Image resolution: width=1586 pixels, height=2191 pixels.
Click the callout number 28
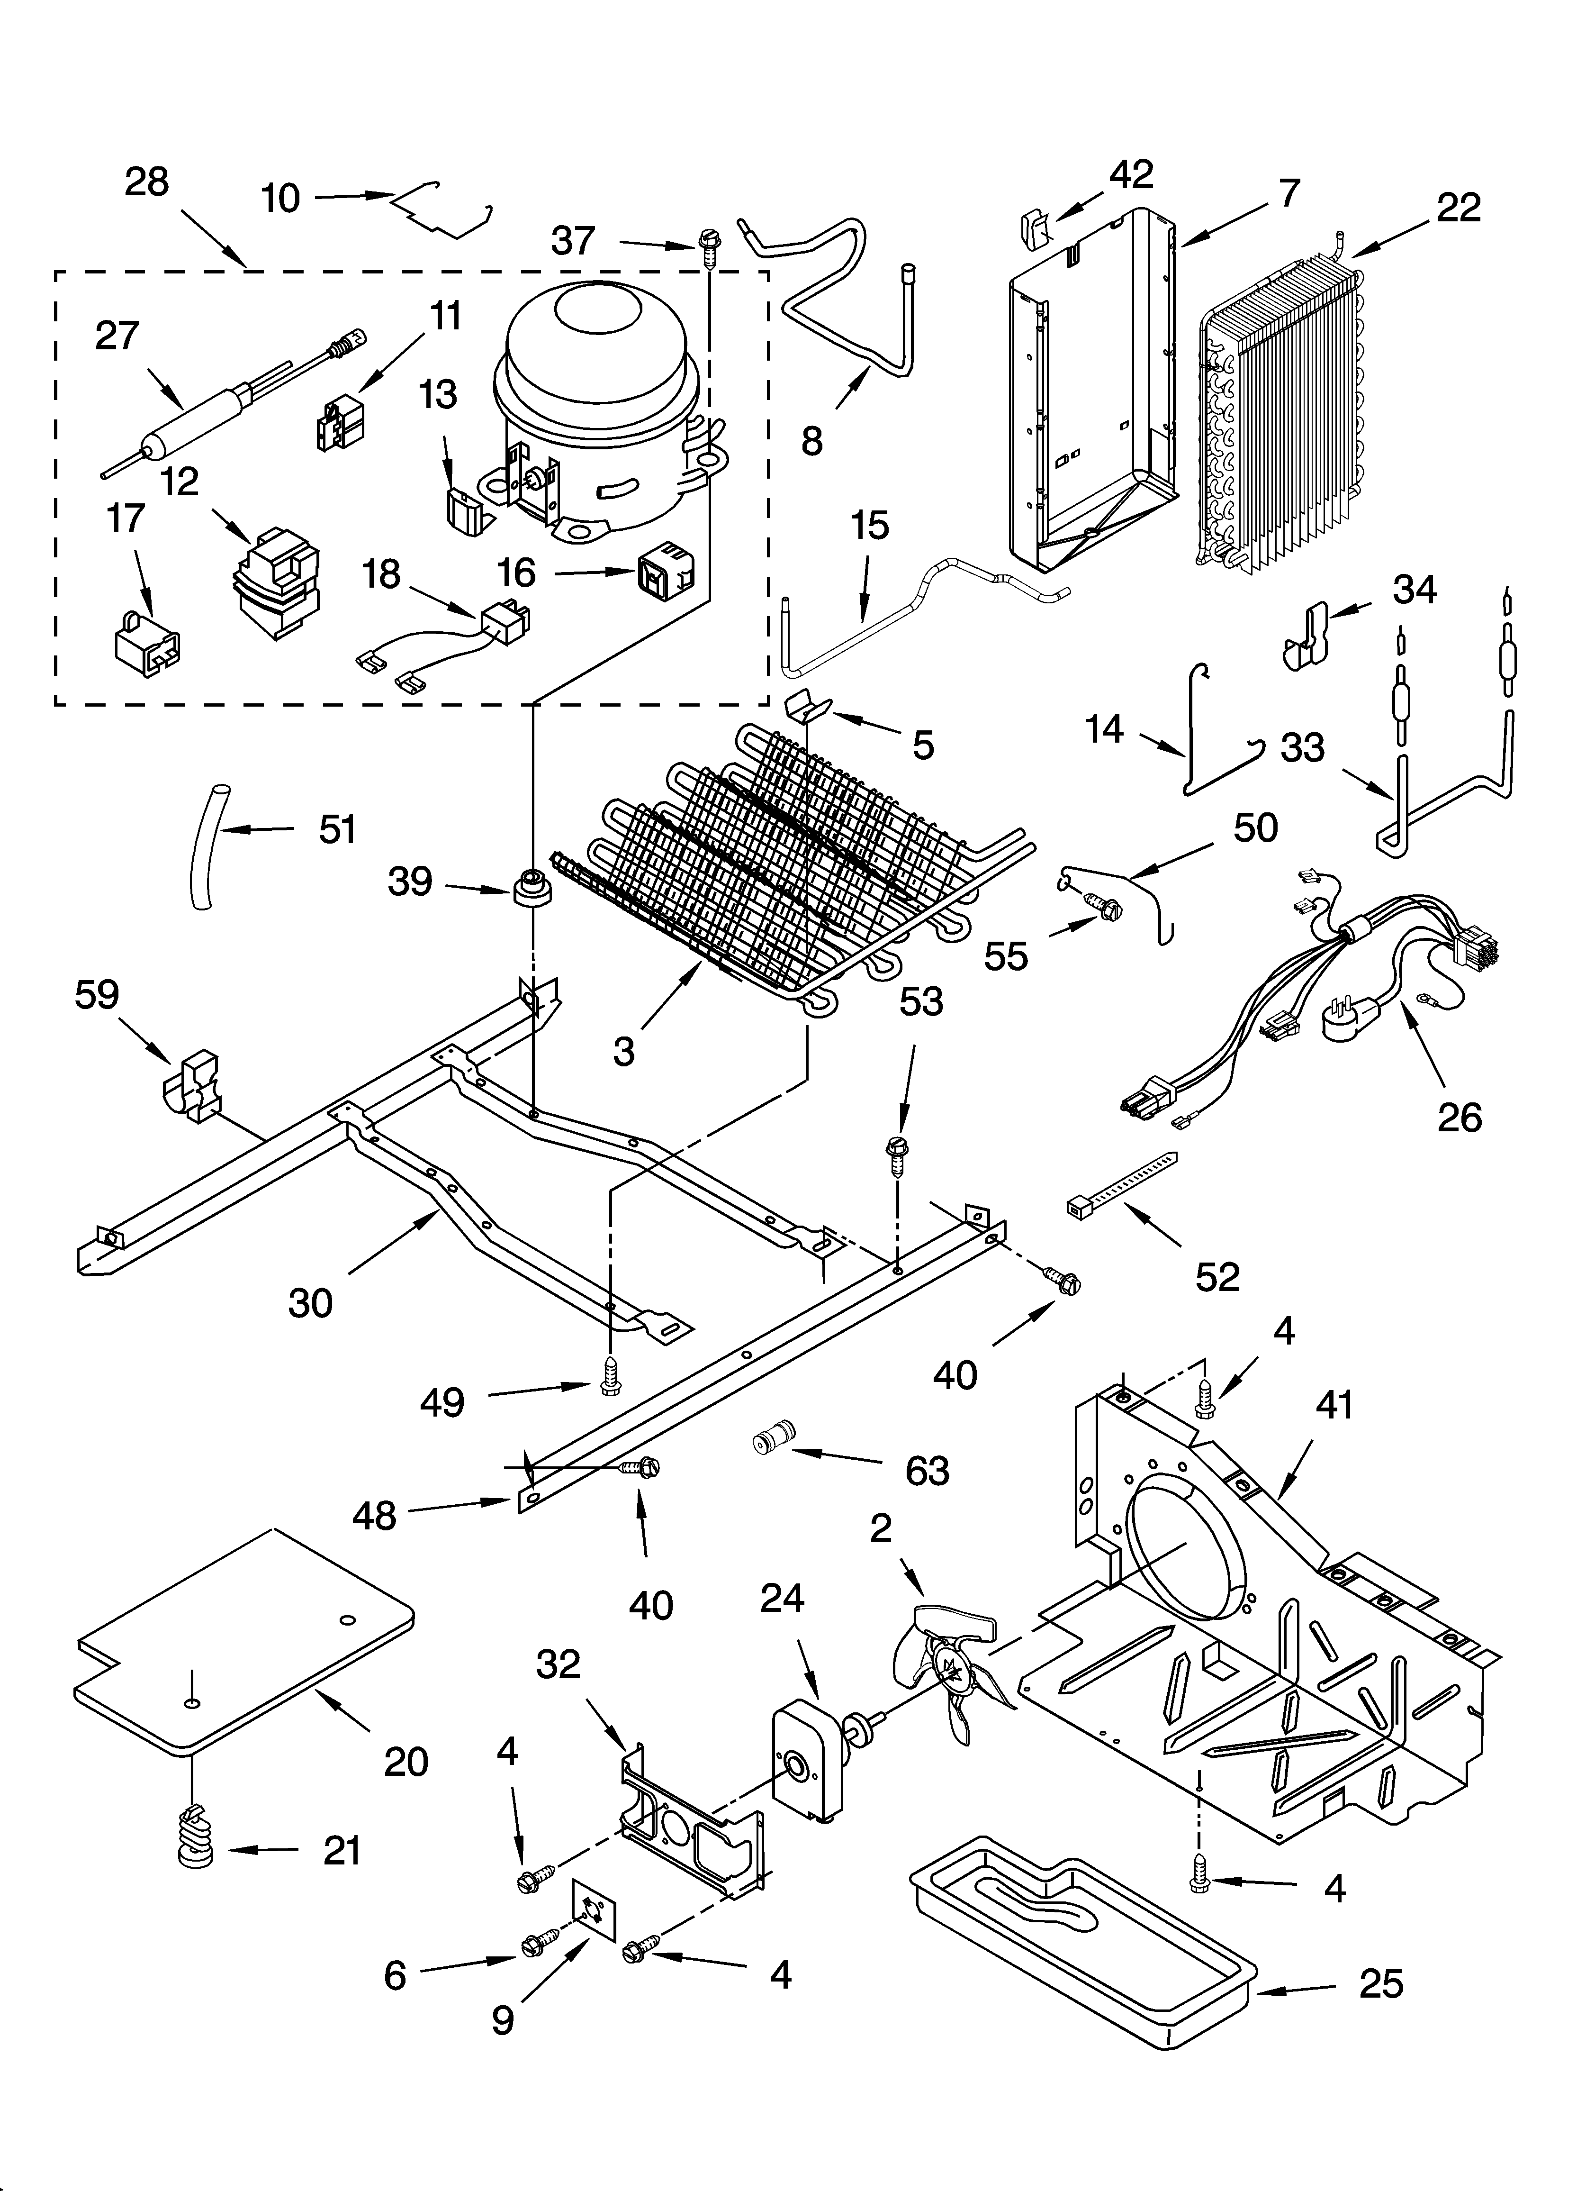[147, 182]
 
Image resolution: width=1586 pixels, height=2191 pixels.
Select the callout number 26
[1459, 1118]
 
